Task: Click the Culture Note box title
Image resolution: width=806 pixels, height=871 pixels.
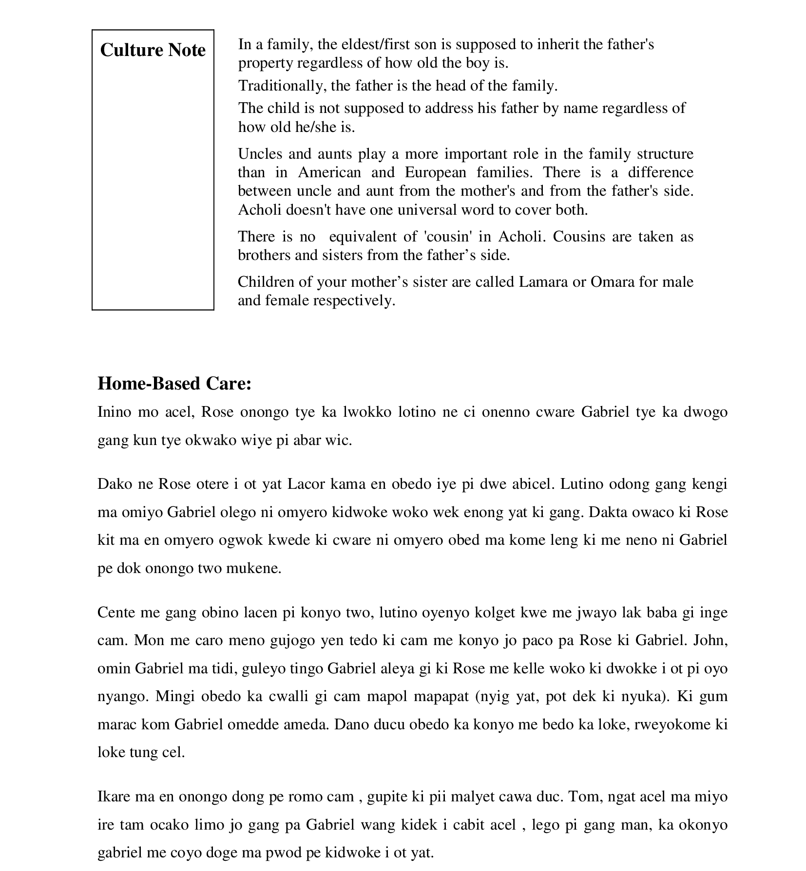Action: click(153, 50)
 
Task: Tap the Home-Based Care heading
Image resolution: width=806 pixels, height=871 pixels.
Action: click(174, 384)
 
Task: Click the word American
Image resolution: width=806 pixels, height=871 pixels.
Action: click(329, 172)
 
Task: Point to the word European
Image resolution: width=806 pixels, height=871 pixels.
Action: click(435, 172)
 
